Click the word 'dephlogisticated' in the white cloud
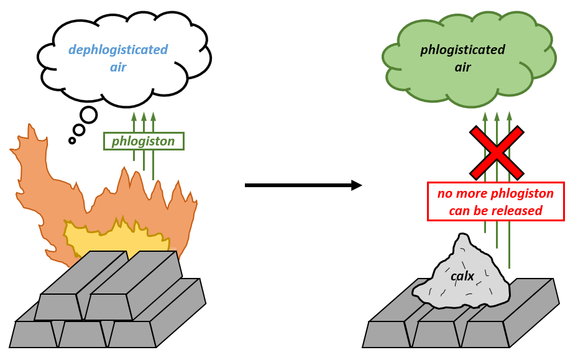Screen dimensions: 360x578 click(117, 50)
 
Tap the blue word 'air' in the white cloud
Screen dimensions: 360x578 click(117, 67)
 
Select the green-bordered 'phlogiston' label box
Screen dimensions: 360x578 click(144, 142)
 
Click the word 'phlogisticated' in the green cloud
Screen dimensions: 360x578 click(462, 50)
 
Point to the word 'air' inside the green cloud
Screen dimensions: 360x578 click(462, 67)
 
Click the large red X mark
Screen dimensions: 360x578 click(496, 152)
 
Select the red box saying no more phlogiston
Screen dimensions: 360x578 click(495, 201)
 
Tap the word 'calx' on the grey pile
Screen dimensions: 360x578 click(462, 275)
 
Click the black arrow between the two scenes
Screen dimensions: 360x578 click(303, 185)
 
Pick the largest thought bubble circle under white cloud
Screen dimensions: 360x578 click(89, 115)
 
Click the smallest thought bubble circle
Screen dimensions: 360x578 click(72, 141)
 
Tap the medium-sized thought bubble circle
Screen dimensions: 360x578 click(79, 130)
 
